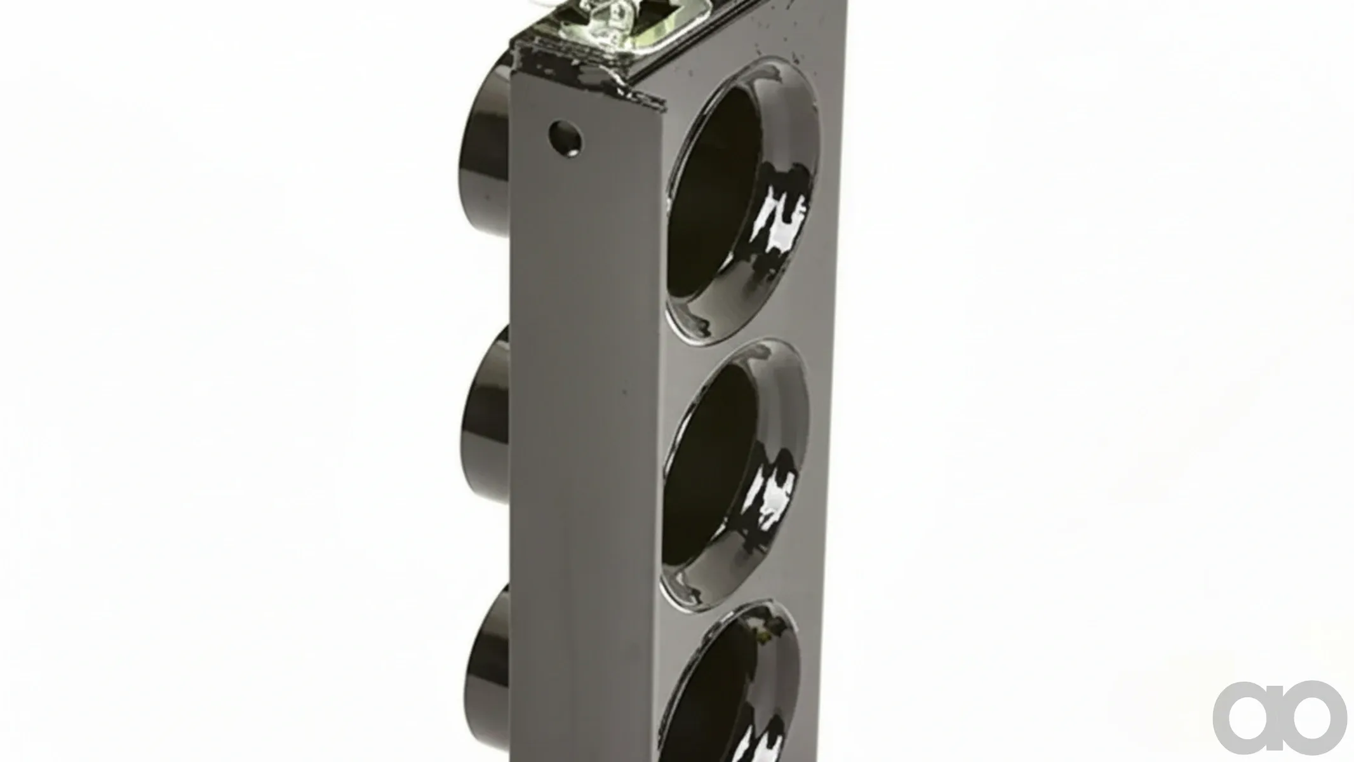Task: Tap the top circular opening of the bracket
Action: (740, 203)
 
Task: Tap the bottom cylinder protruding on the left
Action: (487, 673)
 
